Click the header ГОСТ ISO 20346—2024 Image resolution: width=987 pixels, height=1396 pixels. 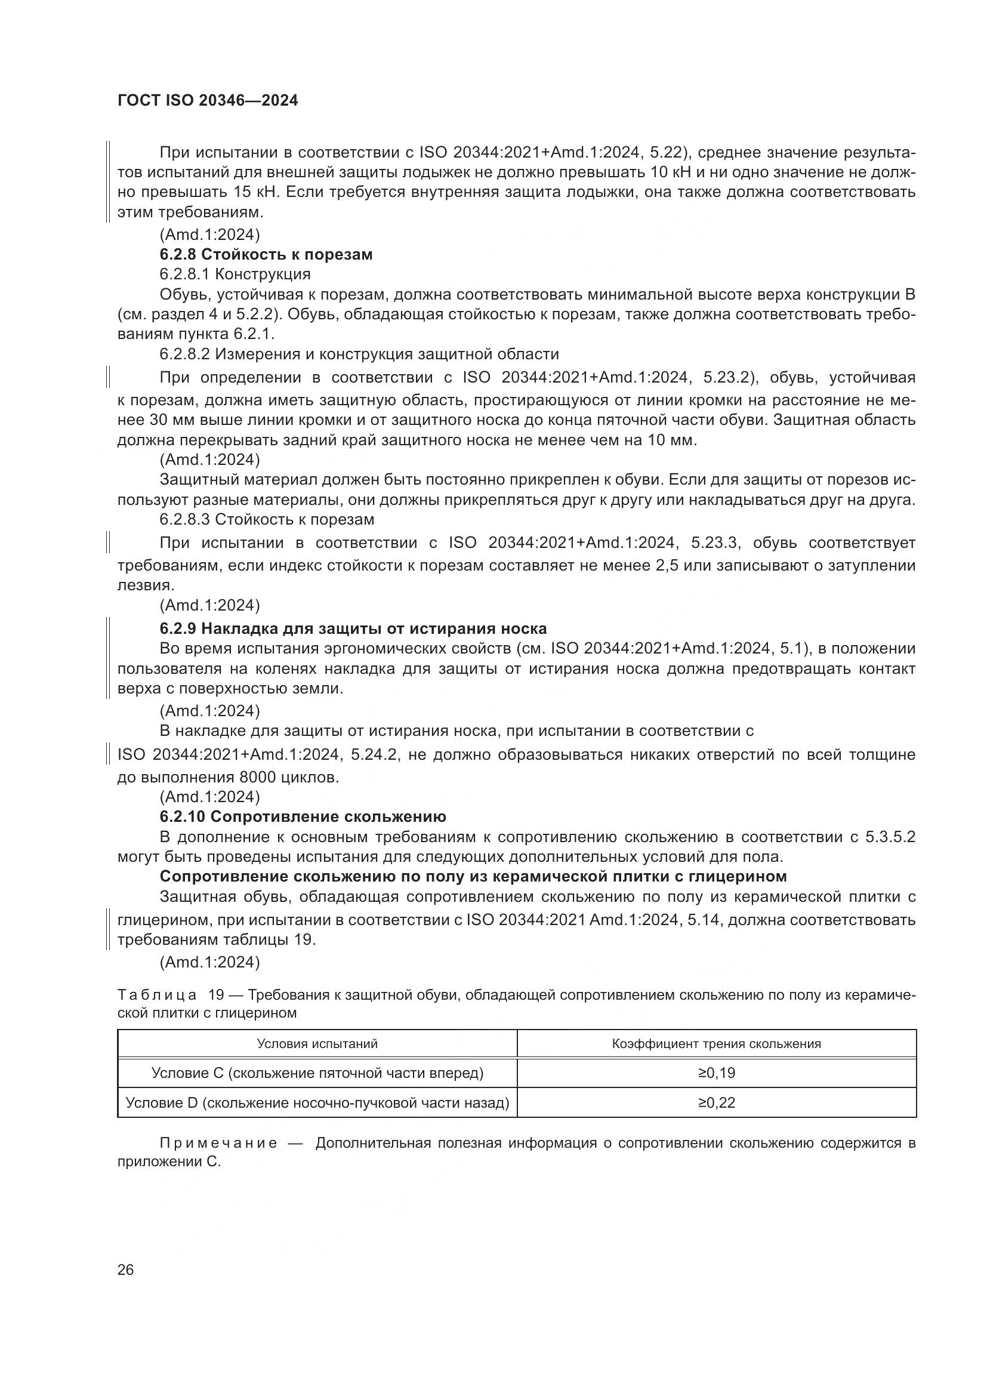207,100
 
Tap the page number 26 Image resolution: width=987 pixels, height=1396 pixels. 125,1269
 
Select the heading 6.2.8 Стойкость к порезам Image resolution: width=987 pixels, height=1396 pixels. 266,254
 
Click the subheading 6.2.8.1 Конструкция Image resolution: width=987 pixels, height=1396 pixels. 235,274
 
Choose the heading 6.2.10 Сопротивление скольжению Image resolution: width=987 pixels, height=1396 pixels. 303,816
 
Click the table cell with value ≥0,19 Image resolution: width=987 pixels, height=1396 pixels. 716,1073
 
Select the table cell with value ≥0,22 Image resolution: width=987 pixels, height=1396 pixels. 716,1102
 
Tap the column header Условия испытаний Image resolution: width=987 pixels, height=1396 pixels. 317,1044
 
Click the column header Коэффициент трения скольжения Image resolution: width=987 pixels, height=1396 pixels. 716,1044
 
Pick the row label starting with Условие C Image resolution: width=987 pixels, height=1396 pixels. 317,1073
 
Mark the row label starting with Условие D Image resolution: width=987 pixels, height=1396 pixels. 317,1102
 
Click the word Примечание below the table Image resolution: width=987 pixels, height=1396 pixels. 218,1143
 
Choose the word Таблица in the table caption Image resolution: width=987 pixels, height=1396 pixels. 157,996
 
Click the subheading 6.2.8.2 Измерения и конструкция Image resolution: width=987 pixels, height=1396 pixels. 359,354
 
